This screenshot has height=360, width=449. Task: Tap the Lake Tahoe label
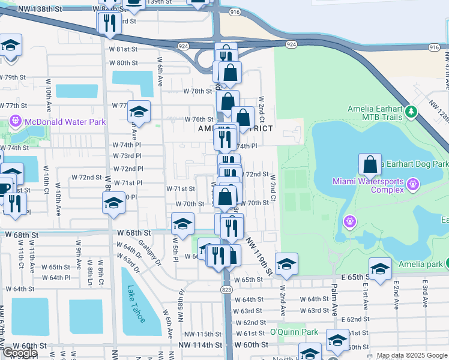[136, 305]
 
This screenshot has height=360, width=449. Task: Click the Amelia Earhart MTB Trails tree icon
[411, 112]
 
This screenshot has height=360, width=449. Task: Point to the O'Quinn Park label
[294, 332]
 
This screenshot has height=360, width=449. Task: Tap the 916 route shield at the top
[234, 11]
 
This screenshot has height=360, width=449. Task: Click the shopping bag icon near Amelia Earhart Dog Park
[370, 164]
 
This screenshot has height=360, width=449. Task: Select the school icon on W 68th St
[182, 224]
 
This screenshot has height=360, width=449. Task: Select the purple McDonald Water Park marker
[16, 122]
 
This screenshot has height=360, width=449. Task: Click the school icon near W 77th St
[139, 112]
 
